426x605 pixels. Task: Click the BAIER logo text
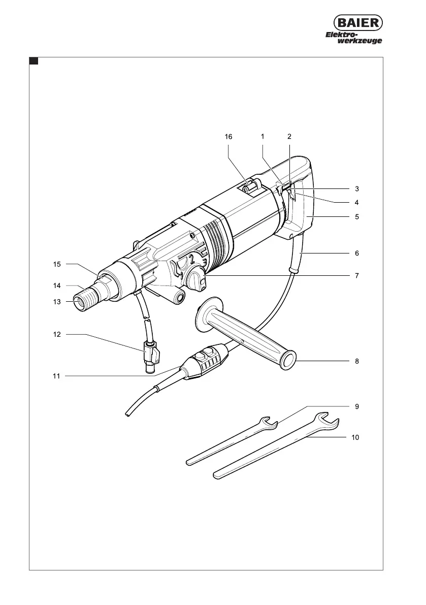tap(358, 23)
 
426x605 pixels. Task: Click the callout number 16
tap(228, 137)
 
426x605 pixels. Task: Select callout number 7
tap(356, 275)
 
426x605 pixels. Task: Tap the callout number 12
tap(57, 334)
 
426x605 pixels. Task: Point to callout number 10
tap(355, 437)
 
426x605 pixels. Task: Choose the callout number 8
tap(356, 361)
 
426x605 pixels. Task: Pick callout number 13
tap(57, 302)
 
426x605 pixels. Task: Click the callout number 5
tap(356, 217)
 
